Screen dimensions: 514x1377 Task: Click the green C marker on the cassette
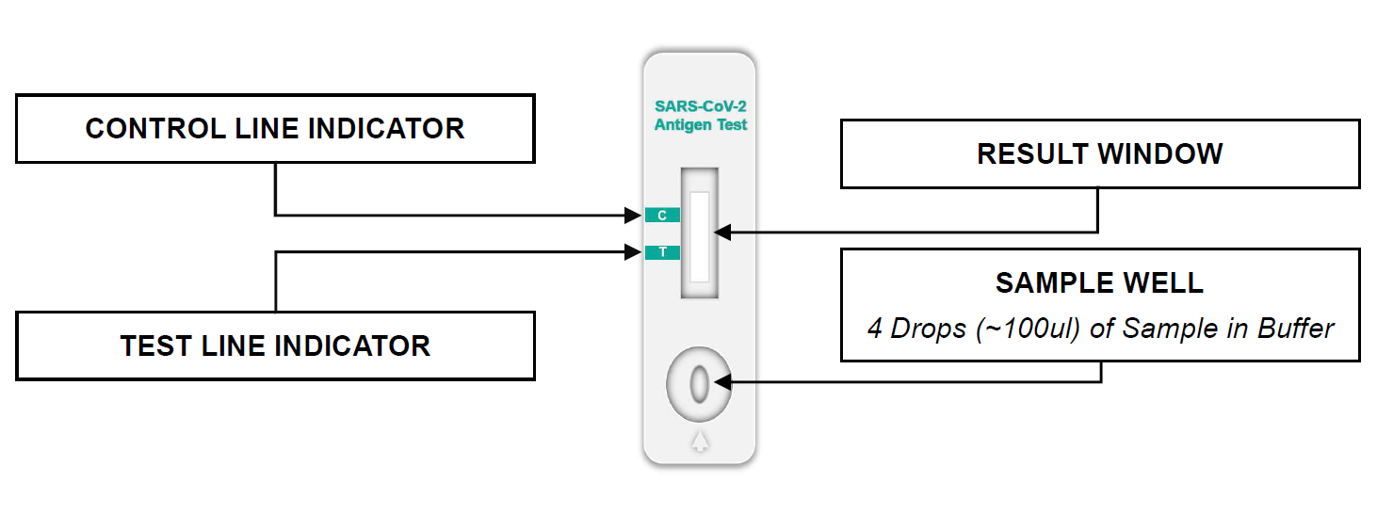click(662, 216)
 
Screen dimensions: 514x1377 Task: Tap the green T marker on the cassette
click(662, 252)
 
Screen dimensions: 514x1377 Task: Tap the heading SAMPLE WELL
click(1099, 282)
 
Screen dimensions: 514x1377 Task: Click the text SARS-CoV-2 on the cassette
click(701, 106)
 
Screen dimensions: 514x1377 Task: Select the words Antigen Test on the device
click(701, 124)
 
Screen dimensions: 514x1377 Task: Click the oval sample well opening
click(699, 383)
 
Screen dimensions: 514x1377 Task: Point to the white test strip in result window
click(699, 235)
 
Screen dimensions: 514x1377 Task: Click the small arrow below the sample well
click(699, 441)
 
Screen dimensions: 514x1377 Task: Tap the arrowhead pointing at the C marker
click(634, 216)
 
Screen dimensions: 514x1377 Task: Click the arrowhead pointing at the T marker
click(634, 252)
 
